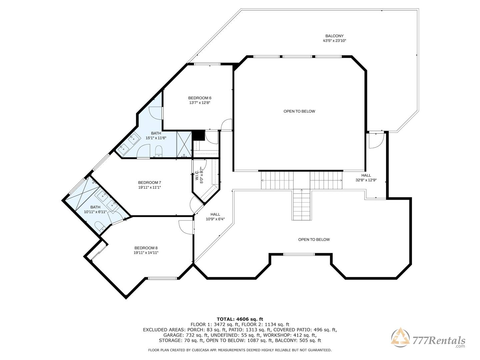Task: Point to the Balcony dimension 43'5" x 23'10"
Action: (x=334, y=41)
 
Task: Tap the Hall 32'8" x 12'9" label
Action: (x=366, y=178)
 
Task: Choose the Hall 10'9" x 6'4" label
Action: (x=215, y=217)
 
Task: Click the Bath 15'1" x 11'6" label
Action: (x=156, y=136)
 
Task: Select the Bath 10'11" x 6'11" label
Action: (x=95, y=209)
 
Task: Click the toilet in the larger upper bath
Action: (x=158, y=151)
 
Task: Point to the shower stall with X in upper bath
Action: (x=184, y=144)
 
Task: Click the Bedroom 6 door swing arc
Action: (x=226, y=124)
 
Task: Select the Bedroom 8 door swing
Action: (x=186, y=227)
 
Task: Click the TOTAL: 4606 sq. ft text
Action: (x=240, y=319)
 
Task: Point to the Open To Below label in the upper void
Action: (x=299, y=111)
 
